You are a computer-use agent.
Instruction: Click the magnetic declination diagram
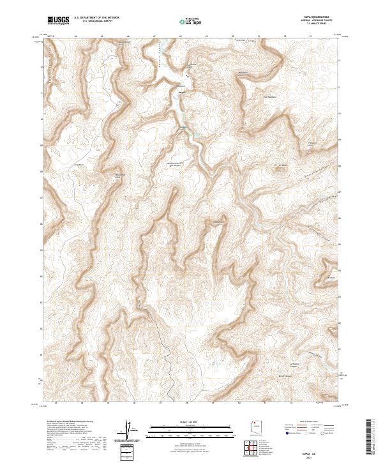130,429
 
